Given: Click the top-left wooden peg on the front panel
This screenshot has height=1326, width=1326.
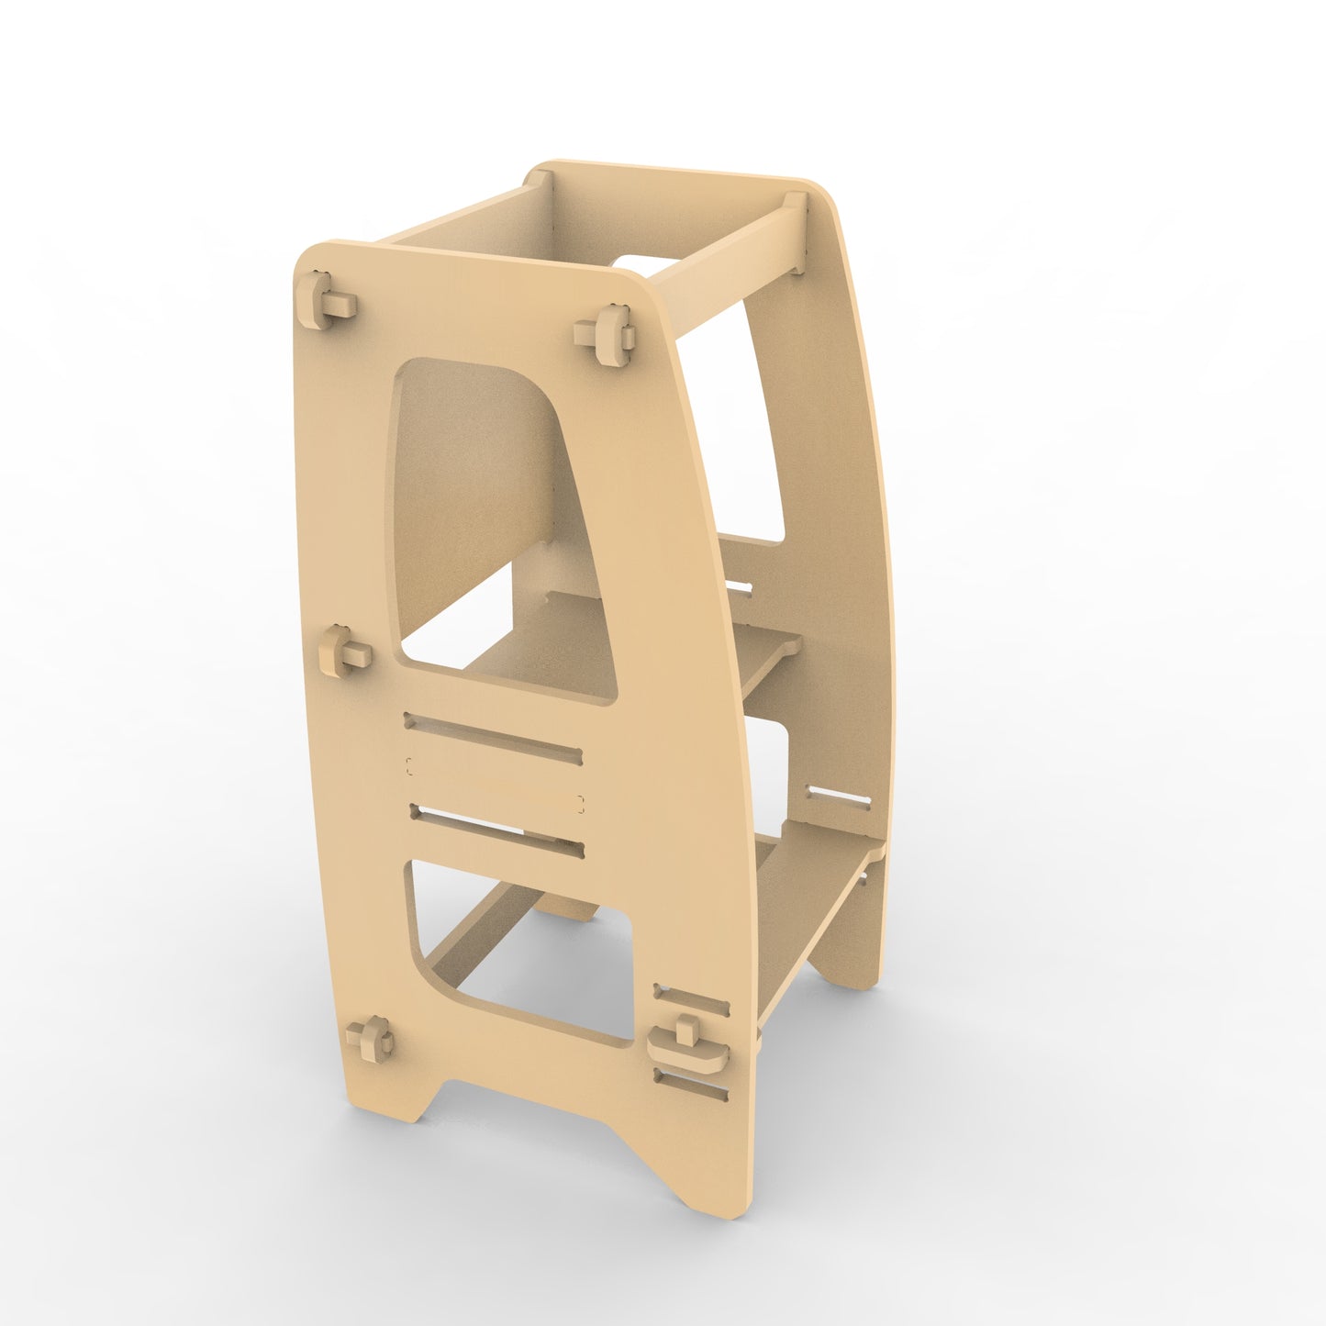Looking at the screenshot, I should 324,298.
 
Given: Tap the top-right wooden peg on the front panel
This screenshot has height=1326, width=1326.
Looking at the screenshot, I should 607,335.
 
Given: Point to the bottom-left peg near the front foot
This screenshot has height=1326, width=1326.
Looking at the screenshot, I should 369,1038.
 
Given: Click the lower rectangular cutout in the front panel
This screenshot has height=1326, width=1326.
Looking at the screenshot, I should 523,954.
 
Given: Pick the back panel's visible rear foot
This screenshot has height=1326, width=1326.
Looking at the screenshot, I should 849,964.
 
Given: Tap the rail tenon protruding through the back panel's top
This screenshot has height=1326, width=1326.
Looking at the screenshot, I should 796,234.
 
